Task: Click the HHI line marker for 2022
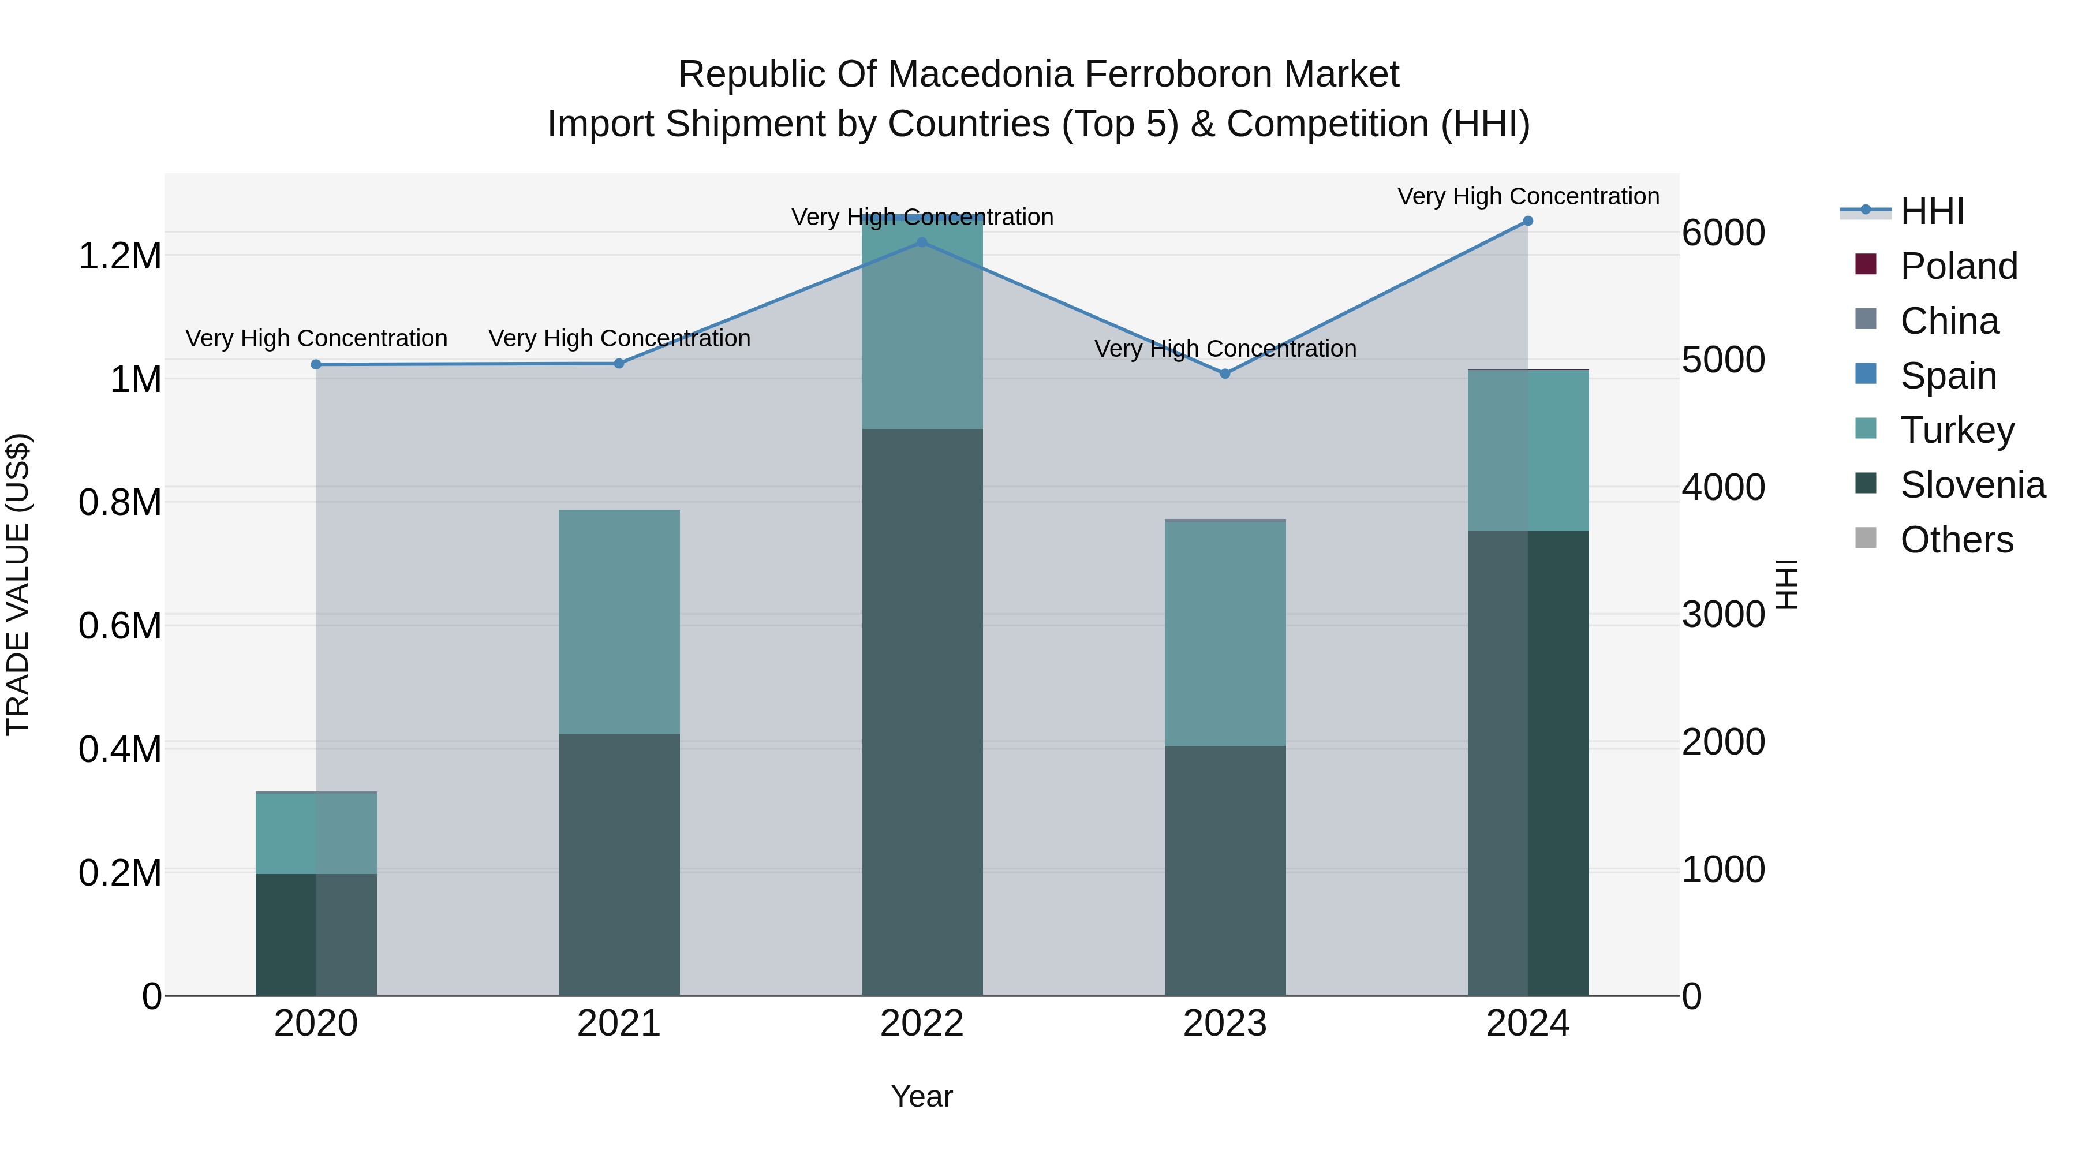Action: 922,242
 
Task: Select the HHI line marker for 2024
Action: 1528,221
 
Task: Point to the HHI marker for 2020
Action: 316,365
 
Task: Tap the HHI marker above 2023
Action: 1224,374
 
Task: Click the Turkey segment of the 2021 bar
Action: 619,621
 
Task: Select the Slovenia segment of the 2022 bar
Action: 922,710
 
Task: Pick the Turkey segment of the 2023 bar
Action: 1224,633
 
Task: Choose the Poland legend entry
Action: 1959,266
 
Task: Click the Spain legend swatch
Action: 1866,374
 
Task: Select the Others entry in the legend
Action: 1956,540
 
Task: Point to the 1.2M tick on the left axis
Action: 119,256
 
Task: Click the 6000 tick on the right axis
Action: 1724,233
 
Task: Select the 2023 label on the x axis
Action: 1224,1024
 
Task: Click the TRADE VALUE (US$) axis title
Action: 18,584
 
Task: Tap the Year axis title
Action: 921,1096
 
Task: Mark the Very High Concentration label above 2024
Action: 1528,196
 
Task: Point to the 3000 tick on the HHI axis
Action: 1724,615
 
